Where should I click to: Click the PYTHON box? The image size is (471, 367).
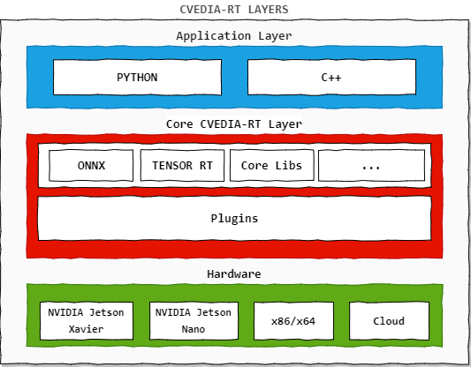pos(137,78)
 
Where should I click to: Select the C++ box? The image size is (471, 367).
pos(331,78)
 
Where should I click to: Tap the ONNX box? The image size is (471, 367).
pos(91,166)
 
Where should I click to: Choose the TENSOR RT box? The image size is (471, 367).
pos(182,166)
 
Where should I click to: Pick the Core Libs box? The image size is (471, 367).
pos(272,166)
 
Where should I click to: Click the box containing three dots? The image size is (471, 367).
pos(371,166)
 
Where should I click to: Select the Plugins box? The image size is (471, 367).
pos(234,218)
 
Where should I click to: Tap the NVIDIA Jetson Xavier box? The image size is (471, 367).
pos(87,321)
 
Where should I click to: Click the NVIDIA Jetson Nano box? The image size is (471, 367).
pos(194,321)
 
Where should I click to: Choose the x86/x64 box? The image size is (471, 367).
pos(293,321)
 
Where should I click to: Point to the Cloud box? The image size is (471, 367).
pos(389,321)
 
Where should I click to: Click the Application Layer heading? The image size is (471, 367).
pos(234,36)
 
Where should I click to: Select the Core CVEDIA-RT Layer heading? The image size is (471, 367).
pos(234,124)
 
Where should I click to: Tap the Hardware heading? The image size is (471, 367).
pos(234,273)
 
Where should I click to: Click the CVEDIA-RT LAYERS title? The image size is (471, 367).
pos(234,10)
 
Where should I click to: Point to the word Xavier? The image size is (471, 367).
pos(87,329)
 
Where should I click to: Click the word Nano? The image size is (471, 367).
pos(194,329)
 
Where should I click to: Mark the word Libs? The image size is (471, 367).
pos(289,166)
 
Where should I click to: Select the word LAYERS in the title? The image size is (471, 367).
pos(269,10)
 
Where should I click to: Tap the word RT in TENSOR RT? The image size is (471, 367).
pos(206,166)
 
